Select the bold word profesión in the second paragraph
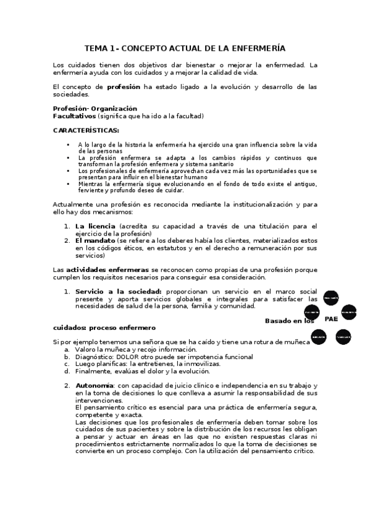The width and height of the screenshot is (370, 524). pyautogui.click(x=124, y=87)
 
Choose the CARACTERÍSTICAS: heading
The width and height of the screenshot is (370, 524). pyautogui.click(x=86, y=130)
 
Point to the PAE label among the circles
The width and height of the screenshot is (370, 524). pyautogui.click(x=331, y=319)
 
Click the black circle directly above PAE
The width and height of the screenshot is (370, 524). pyautogui.click(x=330, y=298)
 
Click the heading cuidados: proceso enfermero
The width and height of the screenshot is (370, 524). pyautogui.click(x=104, y=327)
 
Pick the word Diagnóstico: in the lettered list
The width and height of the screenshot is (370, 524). pyautogui.click(x=94, y=357)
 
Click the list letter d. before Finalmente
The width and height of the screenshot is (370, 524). pyautogui.click(x=67, y=371)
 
